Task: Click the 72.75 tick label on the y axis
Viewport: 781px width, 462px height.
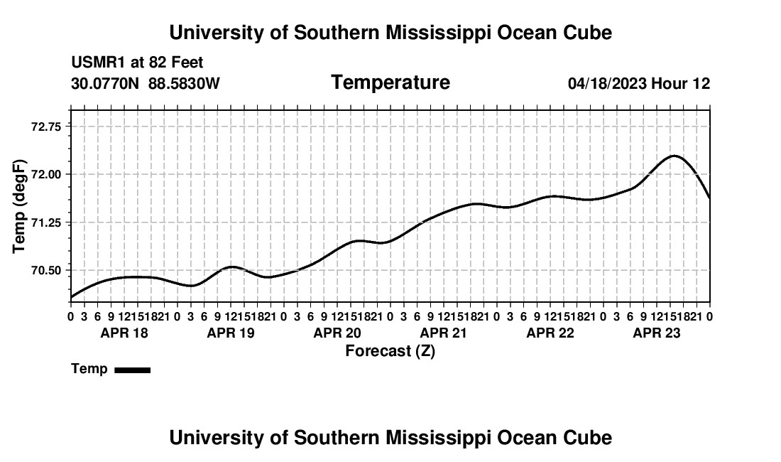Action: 46,127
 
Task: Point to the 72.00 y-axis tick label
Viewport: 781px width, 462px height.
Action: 46,174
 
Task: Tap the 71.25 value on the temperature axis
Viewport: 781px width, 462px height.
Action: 46,222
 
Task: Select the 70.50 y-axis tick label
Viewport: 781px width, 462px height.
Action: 46,271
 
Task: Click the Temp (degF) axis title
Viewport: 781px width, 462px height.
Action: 19,206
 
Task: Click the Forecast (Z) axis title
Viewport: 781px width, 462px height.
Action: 390,351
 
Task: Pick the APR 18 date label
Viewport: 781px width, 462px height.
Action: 124,333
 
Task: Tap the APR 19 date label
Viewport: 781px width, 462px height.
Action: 231,333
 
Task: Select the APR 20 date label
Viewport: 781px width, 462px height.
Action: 337,333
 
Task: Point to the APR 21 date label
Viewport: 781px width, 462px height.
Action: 443,333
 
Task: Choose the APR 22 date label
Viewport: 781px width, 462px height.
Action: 550,333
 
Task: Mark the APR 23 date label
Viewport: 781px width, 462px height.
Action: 657,333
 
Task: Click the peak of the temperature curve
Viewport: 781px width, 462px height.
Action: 674,156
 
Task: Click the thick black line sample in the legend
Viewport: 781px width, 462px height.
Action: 133,370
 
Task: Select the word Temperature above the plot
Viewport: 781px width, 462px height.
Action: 390,82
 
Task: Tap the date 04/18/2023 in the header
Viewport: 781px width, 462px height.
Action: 607,83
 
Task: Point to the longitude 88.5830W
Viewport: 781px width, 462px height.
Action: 184,83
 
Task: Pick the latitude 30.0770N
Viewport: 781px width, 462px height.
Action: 105,83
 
